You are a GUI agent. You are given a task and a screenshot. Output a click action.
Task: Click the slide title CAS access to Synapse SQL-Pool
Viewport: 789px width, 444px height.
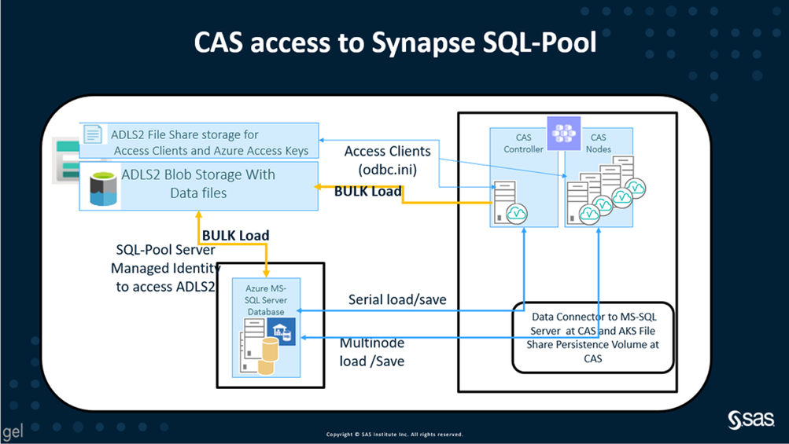[x=394, y=43]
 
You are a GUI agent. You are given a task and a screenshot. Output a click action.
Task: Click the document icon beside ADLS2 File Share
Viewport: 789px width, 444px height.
[x=93, y=135]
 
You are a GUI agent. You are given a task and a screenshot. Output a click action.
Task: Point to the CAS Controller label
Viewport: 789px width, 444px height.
[x=523, y=143]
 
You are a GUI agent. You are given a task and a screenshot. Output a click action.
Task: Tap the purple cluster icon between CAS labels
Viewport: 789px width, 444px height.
[x=563, y=132]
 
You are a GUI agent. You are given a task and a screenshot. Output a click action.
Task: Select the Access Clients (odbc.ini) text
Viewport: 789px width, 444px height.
[x=387, y=160]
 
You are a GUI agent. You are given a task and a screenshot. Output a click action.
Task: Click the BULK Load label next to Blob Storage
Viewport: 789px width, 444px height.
[x=368, y=191]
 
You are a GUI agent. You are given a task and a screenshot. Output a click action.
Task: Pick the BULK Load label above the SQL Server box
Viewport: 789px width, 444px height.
[x=235, y=235]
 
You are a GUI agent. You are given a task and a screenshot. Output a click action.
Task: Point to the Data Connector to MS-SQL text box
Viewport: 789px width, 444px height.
[x=595, y=337]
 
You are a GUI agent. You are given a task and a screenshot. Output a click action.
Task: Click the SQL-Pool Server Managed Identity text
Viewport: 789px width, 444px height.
[x=165, y=268]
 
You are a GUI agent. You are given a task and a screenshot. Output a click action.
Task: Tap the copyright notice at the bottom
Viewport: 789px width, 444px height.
[x=394, y=435]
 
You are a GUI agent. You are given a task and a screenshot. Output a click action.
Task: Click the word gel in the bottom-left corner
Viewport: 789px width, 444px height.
[x=12, y=432]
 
